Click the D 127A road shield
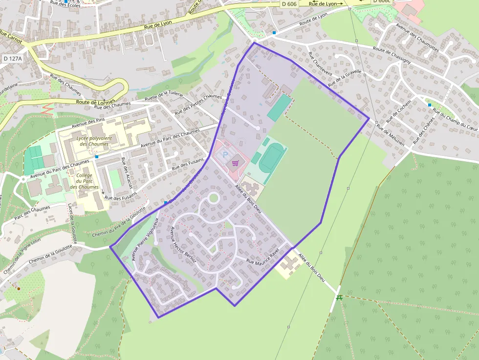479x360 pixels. (x=13, y=59)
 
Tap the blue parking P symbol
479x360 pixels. (x=225, y=155)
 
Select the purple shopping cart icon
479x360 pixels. (x=235, y=163)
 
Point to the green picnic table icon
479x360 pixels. (x=339, y=296)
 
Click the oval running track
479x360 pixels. (x=272, y=157)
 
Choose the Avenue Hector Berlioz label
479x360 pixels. (x=183, y=245)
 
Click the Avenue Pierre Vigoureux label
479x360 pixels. (x=145, y=239)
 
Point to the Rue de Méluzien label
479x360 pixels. (x=390, y=133)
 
